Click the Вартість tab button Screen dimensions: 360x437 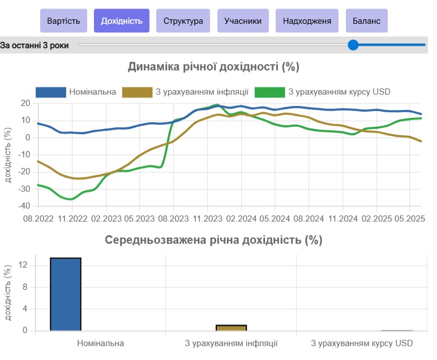[x=63, y=21]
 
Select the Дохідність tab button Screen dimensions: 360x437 [x=121, y=21]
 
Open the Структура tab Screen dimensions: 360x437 [x=183, y=21]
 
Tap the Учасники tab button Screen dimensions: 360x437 [x=243, y=21]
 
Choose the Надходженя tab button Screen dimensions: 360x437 [x=307, y=21]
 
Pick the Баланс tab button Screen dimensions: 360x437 [x=366, y=21]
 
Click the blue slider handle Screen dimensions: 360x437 [x=353, y=45]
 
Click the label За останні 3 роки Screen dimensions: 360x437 [x=35, y=45]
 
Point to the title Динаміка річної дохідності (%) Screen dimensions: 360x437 [x=213, y=67]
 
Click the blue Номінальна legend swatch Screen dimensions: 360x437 [x=50, y=92]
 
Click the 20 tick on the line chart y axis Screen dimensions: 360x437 [x=24, y=103]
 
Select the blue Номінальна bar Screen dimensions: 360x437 [x=66, y=294]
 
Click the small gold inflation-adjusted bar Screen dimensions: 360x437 [x=231, y=328]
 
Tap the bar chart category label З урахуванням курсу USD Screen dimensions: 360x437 [x=362, y=343]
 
